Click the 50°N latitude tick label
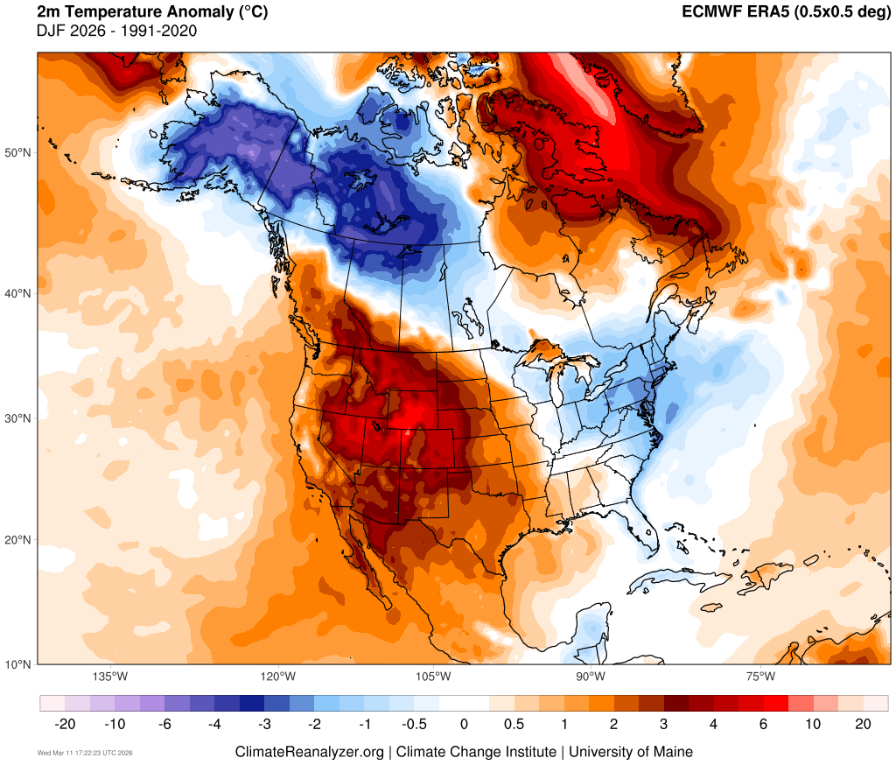pos(18,153)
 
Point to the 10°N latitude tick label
pos(18,663)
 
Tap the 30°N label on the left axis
pos(18,418)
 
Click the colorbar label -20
pos(64,724)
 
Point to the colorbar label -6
pos(164,724)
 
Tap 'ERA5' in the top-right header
pos(761,12)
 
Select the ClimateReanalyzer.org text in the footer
pos(309,752)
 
